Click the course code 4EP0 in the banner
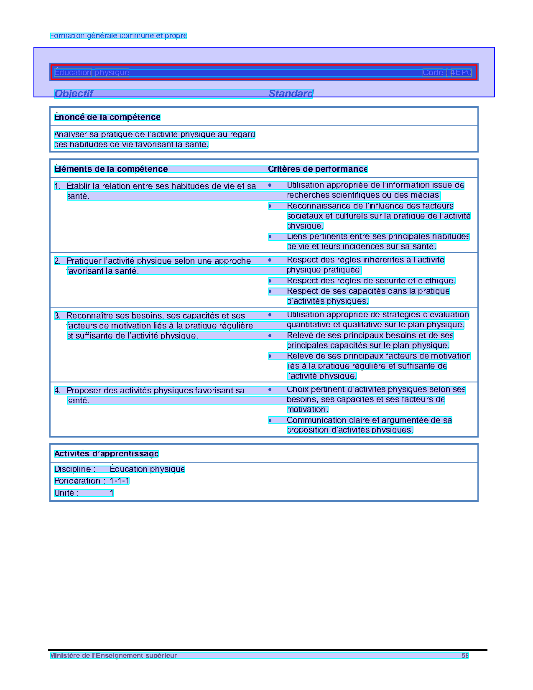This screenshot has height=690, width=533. point(461,73)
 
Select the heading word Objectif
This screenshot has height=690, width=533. point(74,94)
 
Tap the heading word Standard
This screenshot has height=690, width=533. point(291,94)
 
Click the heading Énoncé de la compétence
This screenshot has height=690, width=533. point(107,117)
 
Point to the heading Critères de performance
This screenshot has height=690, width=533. point(318,169)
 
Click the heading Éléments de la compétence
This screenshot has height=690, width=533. point(111,169)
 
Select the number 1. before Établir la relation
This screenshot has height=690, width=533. point(58,186)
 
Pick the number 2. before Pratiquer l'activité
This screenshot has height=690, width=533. point(58,261)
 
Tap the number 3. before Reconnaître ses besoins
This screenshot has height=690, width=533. point(58,316)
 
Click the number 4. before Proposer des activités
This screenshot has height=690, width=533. point(58,391)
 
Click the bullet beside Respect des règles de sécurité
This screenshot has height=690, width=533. point(270,281)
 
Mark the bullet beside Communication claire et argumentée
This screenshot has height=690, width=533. point(270,420)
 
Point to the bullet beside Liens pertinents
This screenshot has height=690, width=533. point(270,237)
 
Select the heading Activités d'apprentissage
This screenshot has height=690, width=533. point(107,454)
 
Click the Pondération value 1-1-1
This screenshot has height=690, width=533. point(120,481)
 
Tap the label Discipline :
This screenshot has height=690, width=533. point(75,469)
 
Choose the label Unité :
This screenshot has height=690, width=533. point(67,493)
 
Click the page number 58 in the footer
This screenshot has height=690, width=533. point(465,656)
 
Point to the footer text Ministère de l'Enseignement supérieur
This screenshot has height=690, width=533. point(113,656)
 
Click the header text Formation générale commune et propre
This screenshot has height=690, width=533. point(119,36)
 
